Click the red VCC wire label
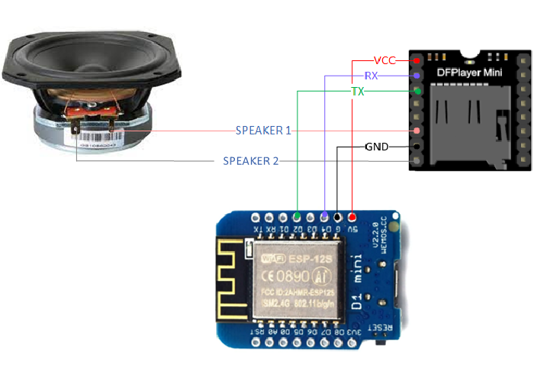[x=385, y=60]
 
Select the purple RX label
[x=372, y=76]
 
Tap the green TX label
[x=356, y=92]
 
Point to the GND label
[x=377, y=146]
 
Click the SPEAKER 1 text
[x=264, y=131]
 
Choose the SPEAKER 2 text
[x=251, y=161]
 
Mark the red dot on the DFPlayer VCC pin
[x=417, y=60]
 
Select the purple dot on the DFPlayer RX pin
[x=417, y=76]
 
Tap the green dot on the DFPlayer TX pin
[x=417, y=92]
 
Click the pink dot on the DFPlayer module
[x=417, y=131]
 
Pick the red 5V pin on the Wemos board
[x=352, y=217]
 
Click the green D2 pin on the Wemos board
[x=296, y=217]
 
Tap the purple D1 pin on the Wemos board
[x=324, y=217]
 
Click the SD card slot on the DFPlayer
[x=465, y=122]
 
